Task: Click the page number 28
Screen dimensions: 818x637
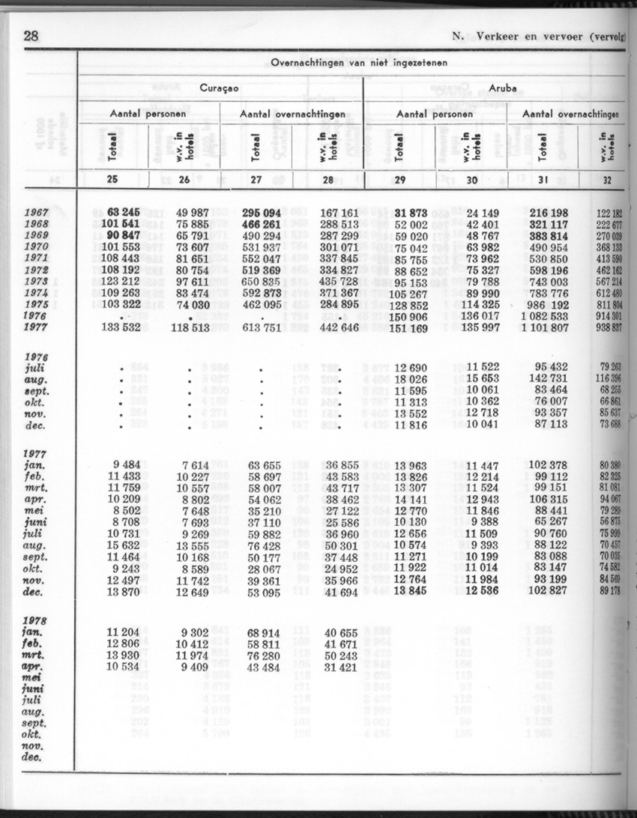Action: coord(31,35)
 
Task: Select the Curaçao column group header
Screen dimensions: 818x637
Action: coord(219,88)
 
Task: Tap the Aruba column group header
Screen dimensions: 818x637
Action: coord(502,88)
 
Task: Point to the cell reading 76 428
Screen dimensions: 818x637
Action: coord(265,546)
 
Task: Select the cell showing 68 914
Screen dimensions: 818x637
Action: coord(265,634)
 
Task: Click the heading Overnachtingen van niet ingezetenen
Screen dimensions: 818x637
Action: coord(359,63)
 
